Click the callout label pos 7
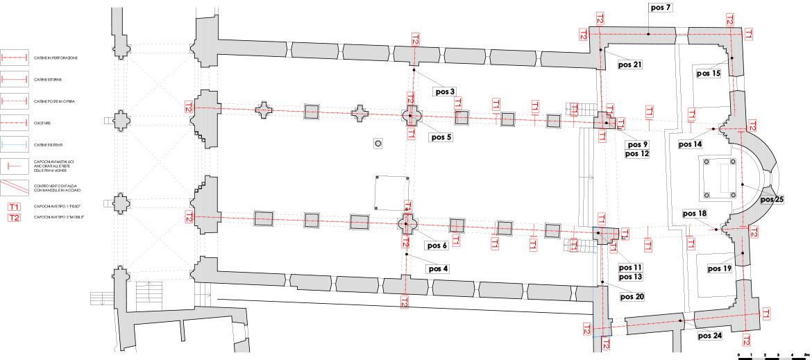659,8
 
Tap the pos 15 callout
708,73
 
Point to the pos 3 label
444,92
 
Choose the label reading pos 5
440,137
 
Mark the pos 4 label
438,268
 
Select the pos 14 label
690,144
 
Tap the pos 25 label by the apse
772,200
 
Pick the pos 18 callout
694,214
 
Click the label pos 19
720,268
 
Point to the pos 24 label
709,336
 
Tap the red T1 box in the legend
15,207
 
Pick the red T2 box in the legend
15,218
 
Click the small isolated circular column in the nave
378,144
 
